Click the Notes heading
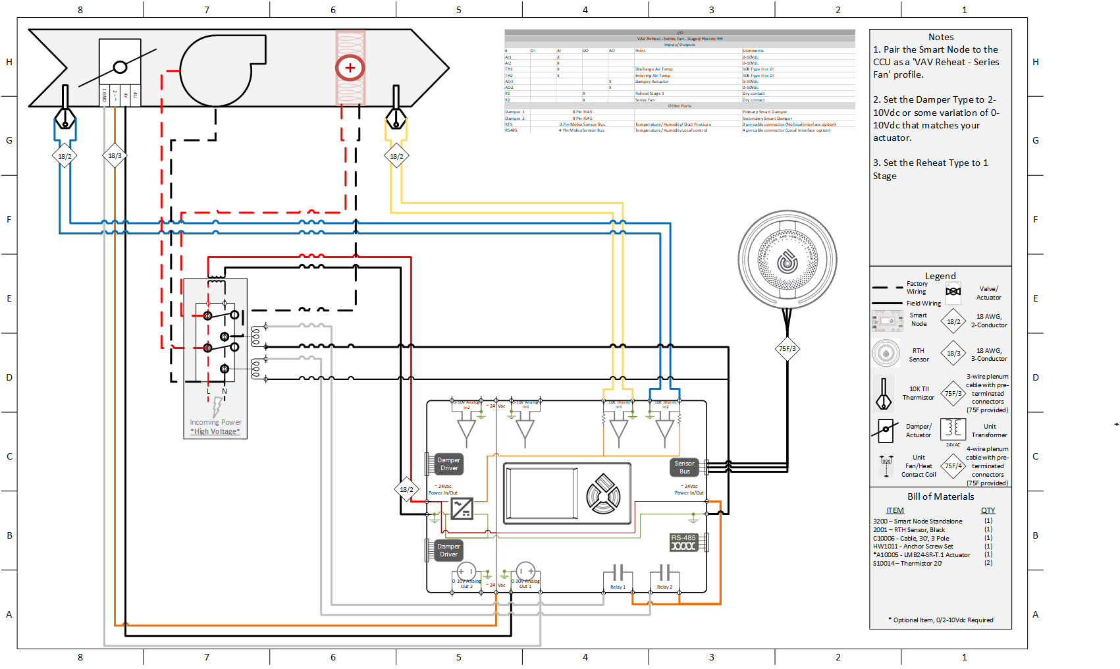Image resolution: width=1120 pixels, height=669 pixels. pyautogui.click(x=940, y=38)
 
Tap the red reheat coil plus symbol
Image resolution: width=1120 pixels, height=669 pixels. pyautogui.click(x=350, y=68)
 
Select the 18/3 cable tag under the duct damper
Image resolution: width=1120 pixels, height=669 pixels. pyautogui.click(x=115, y=156)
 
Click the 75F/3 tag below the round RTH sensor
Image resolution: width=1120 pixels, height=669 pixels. pyautogui.click(x=787, y=349)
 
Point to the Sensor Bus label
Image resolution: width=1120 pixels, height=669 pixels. pyautogui.click(x=684, y=467)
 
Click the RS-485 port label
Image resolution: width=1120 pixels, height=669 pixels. pyautogui.click(x=683, y=538)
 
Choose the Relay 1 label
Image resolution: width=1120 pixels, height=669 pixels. pyautogui.click(x=618, y=587)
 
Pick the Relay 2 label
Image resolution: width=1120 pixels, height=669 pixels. pyautogui.click(x=664, y=587)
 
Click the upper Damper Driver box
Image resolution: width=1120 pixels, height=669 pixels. pyautogui.click(x=449, y=464)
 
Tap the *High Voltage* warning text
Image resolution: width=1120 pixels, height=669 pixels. pyautogui.click(x=215, y=431)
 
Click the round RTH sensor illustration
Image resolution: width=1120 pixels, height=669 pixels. pyautogui.click(x=787, y=260)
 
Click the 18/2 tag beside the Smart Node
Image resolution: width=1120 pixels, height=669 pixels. pyautogui.click(x=406, y=489)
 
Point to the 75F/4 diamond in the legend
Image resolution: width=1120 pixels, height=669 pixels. pyautogui.click(x=953, y=466)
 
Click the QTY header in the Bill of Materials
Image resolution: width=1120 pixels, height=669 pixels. pyautogui.click(x=988, y=510)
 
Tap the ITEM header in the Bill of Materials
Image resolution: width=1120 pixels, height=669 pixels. pyautogui.click(x=895, y=510)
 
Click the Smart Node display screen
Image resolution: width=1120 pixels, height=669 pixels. pyautogui.click(x=541, y=493)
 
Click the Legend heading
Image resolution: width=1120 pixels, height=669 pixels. pyautogui.click(x=940, y=276)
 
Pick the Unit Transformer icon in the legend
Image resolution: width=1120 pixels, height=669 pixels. pyautogui.click(x=952, y=429)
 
